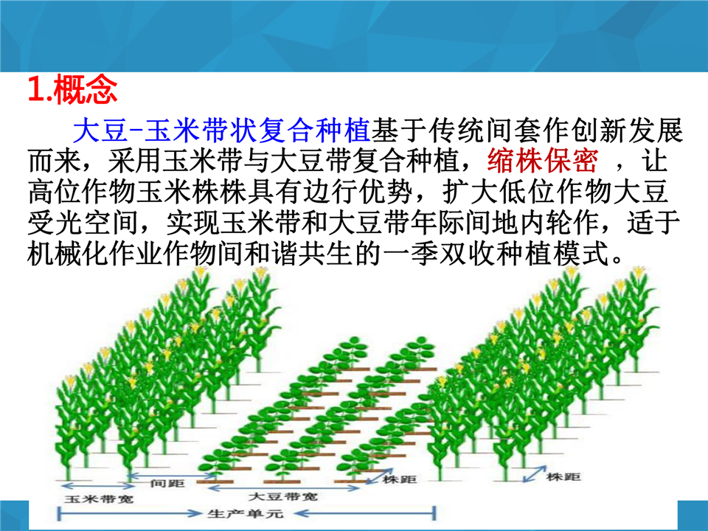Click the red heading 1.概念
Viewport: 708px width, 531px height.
[73, 89]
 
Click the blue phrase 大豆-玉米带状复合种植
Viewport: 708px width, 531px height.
[222, 130]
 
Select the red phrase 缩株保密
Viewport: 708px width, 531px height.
[543, 161]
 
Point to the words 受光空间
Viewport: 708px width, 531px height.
[82, 222]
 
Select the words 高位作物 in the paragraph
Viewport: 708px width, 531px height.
[82, 192]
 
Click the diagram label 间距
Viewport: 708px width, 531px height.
[167, 484]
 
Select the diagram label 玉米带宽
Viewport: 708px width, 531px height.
[98, 499]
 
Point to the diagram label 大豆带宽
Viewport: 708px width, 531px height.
[282, 496]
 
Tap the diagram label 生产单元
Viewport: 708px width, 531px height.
[246, 513]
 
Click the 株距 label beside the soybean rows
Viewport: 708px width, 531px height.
[399, 479]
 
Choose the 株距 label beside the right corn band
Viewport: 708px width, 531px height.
[563, 477]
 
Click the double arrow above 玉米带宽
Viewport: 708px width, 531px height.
[98, 486]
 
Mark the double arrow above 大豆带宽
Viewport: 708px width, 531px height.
[284, 487]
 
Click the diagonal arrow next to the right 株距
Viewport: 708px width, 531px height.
[534, 474]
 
